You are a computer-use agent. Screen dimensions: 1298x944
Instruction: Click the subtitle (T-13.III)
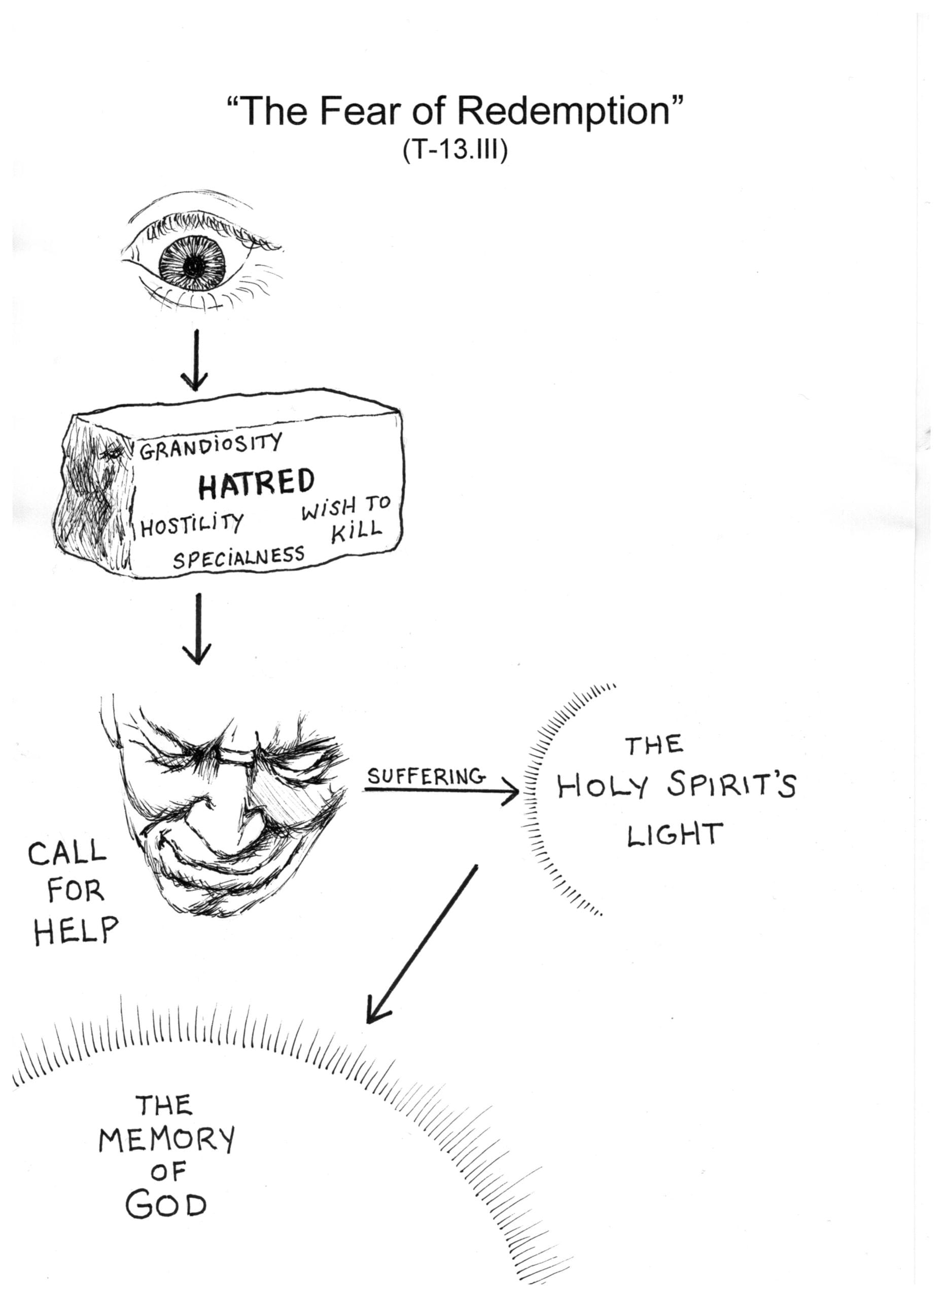pyautogui.click(x=455, y=151)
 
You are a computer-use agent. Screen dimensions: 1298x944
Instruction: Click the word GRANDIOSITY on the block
pyautogui.click(x=211, y=446)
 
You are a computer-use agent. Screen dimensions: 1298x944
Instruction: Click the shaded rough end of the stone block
pyautogui.click(x=94, y=498)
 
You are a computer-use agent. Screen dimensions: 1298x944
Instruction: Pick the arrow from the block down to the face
pyautogui.click(x=197, y=630)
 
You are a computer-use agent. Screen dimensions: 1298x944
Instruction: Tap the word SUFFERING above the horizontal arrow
pyautogui.click(x=426, y=777)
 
